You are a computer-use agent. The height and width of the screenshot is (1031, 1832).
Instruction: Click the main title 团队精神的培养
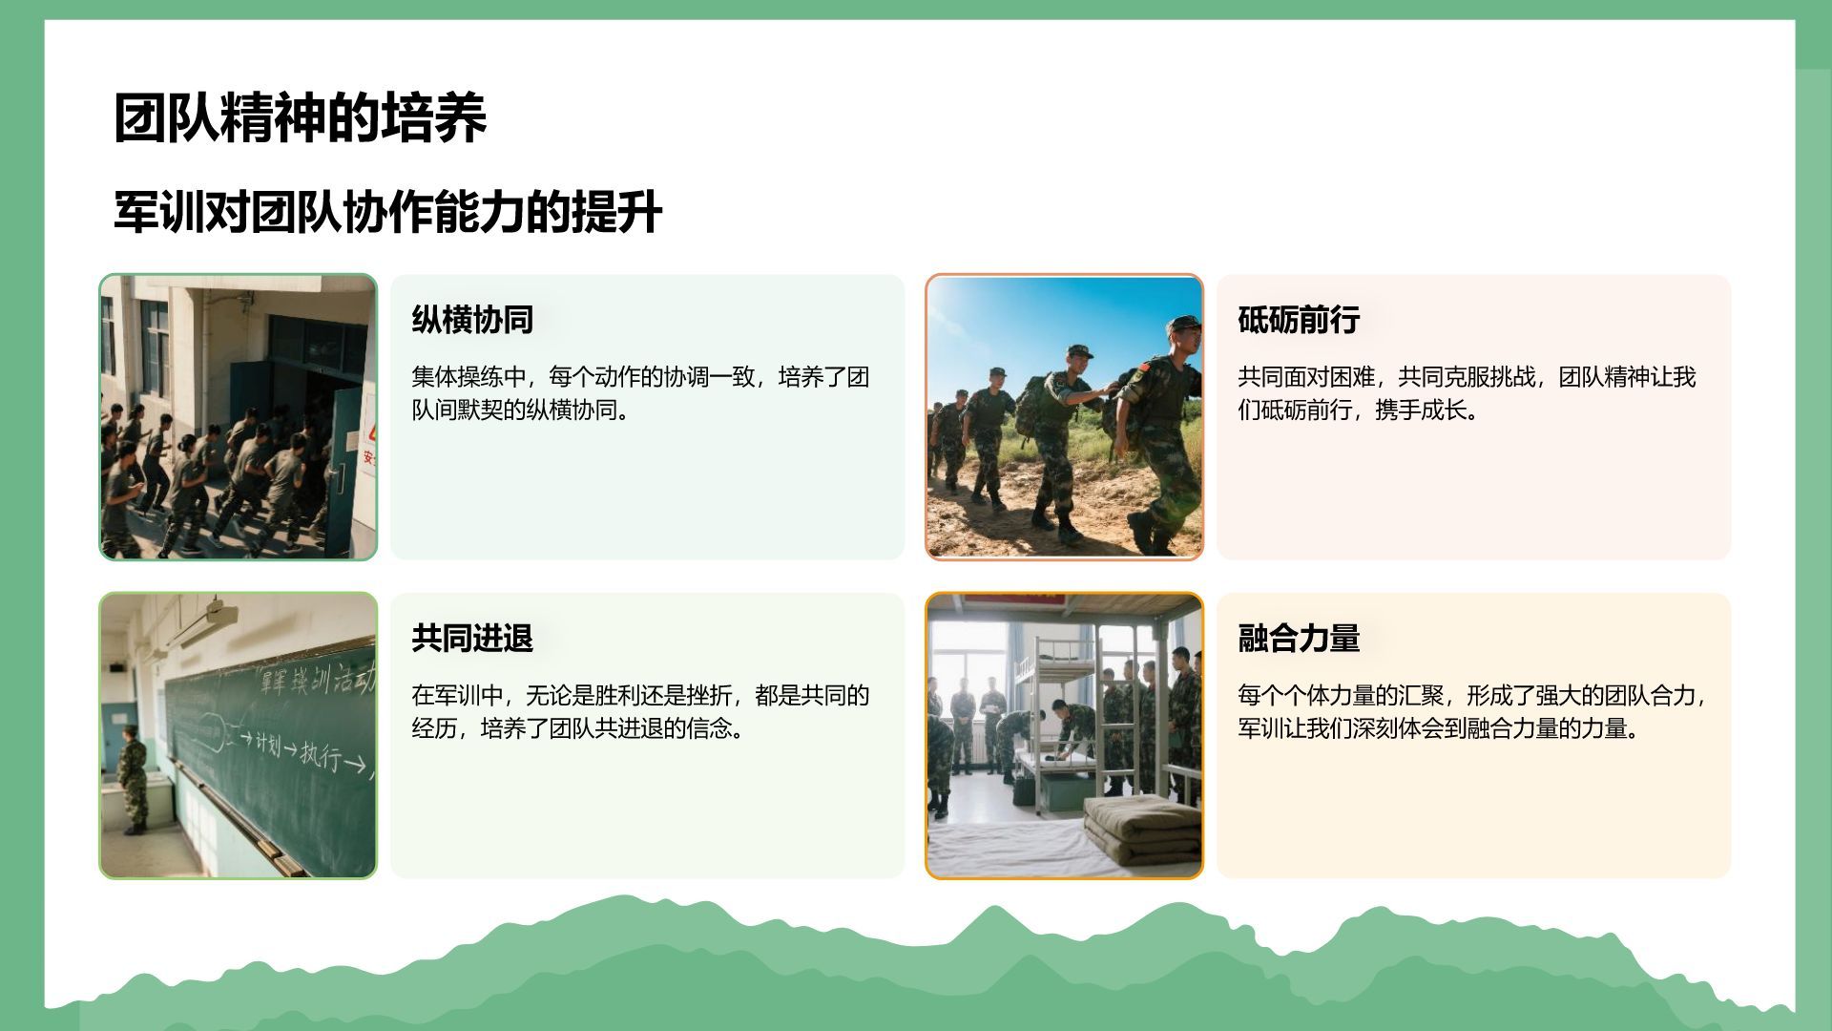[301, 118]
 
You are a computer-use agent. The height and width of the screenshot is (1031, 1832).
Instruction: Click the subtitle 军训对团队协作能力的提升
[387, 212]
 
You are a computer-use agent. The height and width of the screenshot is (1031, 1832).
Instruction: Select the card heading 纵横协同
[472, 320]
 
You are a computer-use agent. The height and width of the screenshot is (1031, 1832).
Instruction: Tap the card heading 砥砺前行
[1299, 320]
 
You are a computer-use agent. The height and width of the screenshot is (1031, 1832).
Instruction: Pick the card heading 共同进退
[472, 638]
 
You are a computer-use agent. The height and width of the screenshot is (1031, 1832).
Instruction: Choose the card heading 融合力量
[1299, 638]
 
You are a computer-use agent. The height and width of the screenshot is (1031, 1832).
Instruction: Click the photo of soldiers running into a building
[239, 417]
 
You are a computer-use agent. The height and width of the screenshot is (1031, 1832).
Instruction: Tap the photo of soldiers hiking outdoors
[1064, 417]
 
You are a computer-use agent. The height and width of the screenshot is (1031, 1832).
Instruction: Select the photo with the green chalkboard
[239, 735]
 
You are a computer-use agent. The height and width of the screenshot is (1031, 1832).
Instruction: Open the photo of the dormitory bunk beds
[1064, 735]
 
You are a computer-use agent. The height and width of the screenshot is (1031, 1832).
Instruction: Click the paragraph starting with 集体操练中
[640, 393]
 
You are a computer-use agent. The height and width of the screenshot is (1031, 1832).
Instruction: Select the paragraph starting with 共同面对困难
[1467, 393]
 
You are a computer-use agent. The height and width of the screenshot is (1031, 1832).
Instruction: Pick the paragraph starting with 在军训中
[640, 711]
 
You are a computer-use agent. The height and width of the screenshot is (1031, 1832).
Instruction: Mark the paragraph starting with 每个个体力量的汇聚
[1472, 711]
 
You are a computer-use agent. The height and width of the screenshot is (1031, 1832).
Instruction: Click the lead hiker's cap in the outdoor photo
[1184, 323]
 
